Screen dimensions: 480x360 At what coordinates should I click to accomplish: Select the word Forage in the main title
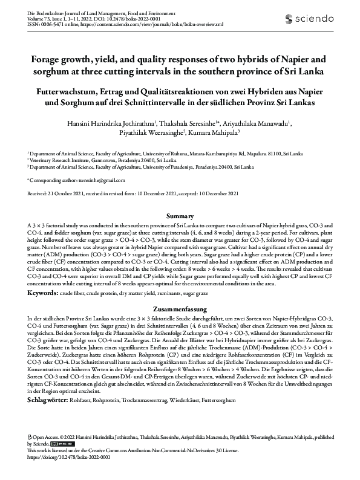(x=47, y=60)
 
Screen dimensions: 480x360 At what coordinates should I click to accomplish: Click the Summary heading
(x=180, y=216)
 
